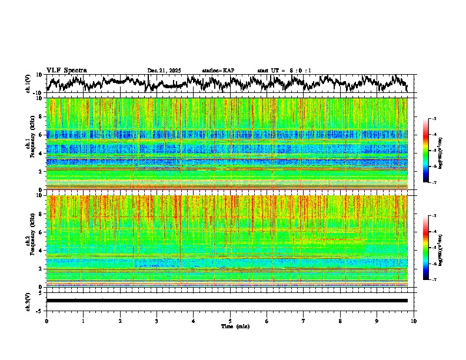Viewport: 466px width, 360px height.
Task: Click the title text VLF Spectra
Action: pyautogui.click(x=66, y=70)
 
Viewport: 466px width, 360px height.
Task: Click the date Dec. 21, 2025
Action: pyautogui.click(x=165, y=71)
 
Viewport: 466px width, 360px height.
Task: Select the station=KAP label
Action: pyautogui.click(x=218, y=71)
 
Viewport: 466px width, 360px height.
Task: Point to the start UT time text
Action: pyautogui.click(x=284, y=71)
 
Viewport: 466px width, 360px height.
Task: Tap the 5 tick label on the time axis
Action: pyautogui.click(x=230, y=321)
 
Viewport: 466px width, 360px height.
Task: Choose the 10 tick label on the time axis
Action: pyautogui.click(x=414, y=321)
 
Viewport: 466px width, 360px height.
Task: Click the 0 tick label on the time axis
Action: pyautogui.click(x=46, y=321)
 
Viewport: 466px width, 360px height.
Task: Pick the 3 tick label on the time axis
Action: pyautogui.click(x=157, y=321)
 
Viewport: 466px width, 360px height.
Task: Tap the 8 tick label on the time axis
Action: pyautogui.click(x=340, y=321)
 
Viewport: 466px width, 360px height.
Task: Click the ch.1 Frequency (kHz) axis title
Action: pyautogui.click(x=31, y=144)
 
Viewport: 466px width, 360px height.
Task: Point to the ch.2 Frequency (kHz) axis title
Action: pyautogui.click(x=31, y=241)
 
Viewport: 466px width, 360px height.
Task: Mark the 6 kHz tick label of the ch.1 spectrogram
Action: pyautogui.click(x=39, y=135)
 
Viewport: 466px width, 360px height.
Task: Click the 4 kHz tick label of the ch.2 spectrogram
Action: pyautogui.click(x=39, y=250)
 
